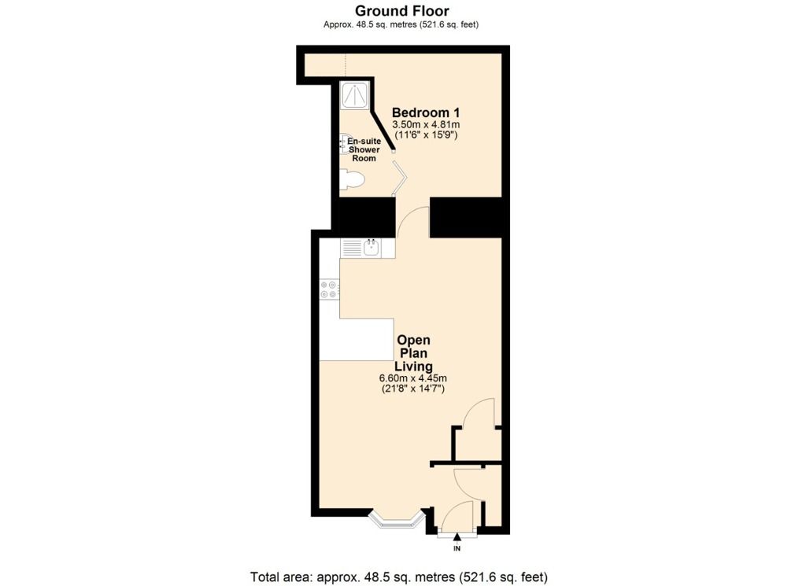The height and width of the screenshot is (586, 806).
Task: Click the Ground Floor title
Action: pyautogui.click(x=402, y=11)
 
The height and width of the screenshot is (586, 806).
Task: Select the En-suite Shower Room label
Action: pyautogui.click(x=364, y=149)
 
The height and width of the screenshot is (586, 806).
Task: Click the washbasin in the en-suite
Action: pyautogui.click(x=345, y=143)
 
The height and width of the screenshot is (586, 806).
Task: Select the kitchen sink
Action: pyautogui.click(x=370, y=249)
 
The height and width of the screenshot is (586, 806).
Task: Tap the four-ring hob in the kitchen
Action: pyautogui.click(x=329, y=289)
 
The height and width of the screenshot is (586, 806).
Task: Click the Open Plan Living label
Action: pyautogui.click(x=413, y=353)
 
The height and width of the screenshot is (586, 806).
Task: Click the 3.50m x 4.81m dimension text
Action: pyautogui.click(x=425, y=125)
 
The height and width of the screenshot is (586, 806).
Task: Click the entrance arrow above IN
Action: pyautogui.click(x=457, y=536)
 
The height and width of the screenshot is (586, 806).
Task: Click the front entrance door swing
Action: pyautogui.click(x=457, y=519)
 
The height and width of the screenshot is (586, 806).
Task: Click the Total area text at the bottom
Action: pyautogui.click(x=398, y=576)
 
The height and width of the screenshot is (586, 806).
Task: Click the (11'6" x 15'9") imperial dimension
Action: pyautogui.click(x=425, y=135)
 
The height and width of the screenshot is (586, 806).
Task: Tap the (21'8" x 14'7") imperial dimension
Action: pyautogui.click(x=413, y=389)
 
